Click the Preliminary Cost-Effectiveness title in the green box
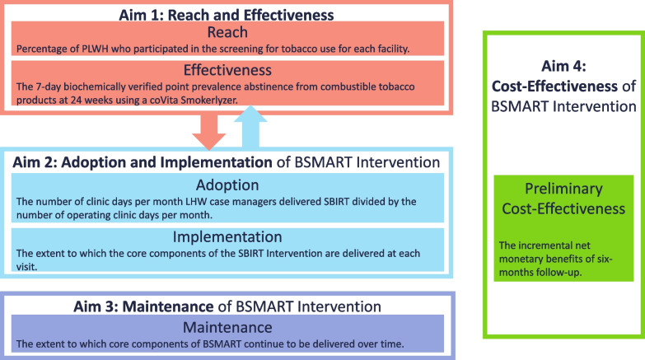[x=563, y=199]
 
